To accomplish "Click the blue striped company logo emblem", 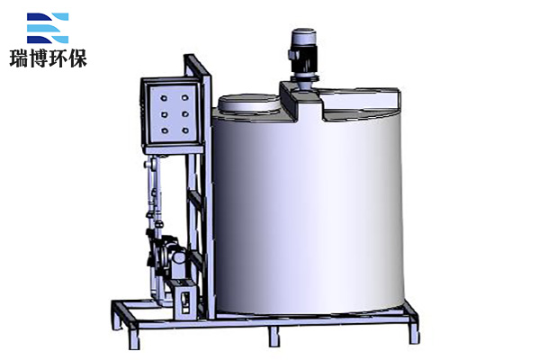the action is (48, 28).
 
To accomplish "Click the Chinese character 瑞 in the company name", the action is (19, 58).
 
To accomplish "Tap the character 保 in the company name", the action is (77, 58).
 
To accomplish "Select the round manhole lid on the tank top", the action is (248, 103).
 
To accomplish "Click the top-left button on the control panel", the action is (164, 98).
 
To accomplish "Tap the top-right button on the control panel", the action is (184, 98).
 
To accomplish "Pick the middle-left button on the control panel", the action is (165, 114).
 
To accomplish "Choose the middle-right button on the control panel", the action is (185, 114).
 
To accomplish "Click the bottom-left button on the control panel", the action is (165, 130).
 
